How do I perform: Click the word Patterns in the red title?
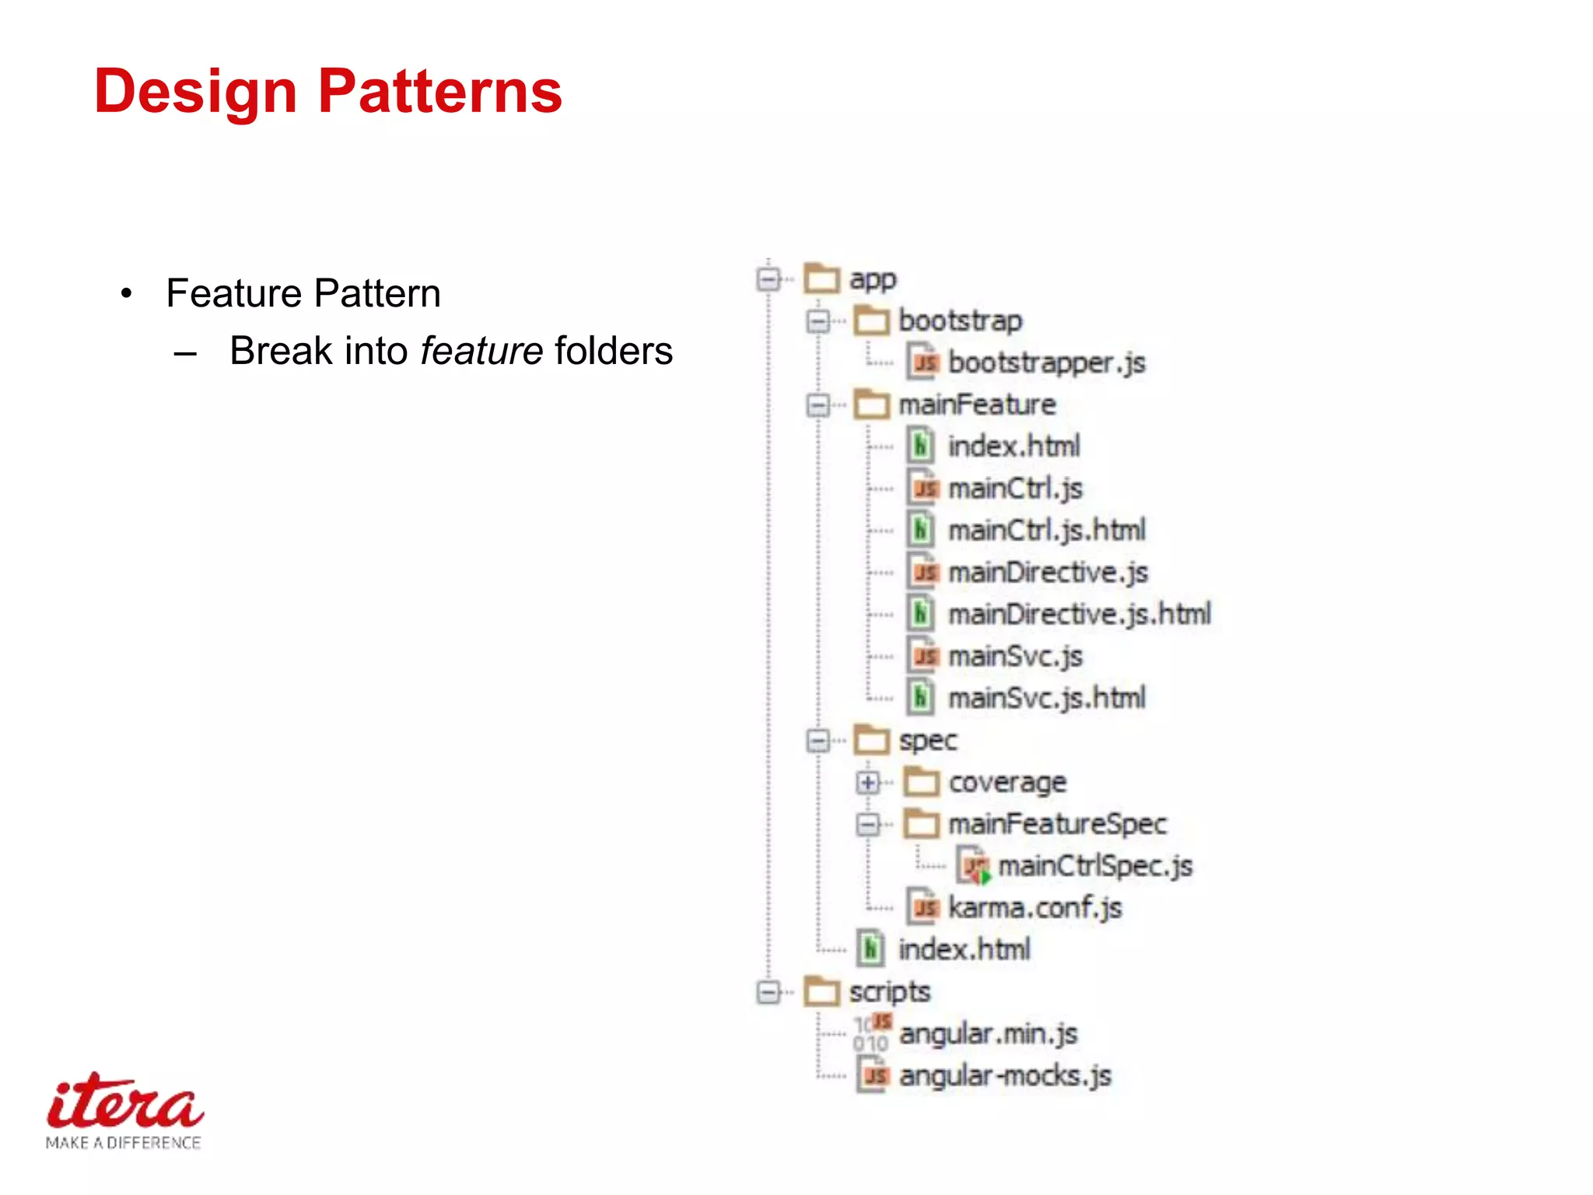pos(439,92)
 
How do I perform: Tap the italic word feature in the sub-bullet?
pos(481,351)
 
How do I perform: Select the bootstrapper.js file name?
pos(1046,363)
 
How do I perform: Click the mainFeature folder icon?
pos(871,405)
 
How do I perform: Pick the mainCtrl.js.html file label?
pos(1046,531)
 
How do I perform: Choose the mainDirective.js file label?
pos(1047,573)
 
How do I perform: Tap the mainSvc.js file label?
pos(1015,657)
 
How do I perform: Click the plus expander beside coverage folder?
pos(867,783)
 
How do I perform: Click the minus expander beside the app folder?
pos(768,279)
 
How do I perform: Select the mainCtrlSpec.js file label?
pos(1095,866)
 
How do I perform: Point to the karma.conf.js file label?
pos(1035,908)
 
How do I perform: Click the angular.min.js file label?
pos(988,1034)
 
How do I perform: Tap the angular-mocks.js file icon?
pos(873,1075)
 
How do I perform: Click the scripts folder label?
pos(889,992)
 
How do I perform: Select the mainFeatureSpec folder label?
pos(1057,824)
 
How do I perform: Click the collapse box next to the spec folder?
pos(818,741)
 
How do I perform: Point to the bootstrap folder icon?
pos(871,321)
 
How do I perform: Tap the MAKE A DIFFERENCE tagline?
pos(123,1143)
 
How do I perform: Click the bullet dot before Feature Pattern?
pos(127,294)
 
